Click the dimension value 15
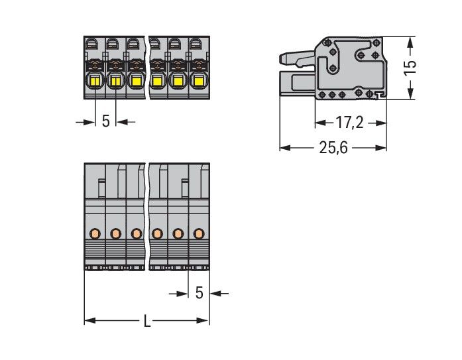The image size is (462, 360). coord(410,66)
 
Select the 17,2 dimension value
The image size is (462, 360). coord(349,123)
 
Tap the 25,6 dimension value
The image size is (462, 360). coord(333,147)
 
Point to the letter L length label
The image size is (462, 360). coord(147,322)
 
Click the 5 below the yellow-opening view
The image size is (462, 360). coord(105,122)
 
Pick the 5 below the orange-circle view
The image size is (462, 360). coord(198,292)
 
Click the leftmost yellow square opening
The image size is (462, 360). coord(94,82)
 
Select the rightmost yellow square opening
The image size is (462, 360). coord(198,82)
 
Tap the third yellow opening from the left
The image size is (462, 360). coord(136,82)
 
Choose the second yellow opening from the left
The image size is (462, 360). coord(115,82)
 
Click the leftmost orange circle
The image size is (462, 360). coord(94,233)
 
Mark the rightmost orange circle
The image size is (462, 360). coord(198,233)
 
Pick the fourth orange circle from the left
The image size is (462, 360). coord(157,233)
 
